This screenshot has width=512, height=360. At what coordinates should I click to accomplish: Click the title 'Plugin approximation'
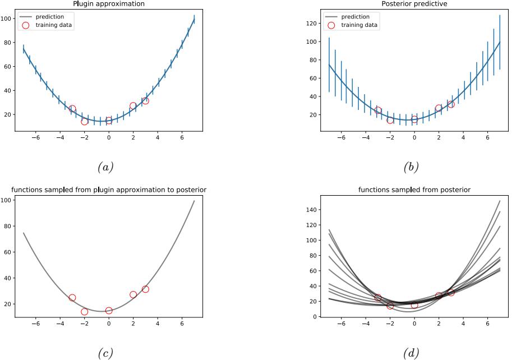pos(109,4)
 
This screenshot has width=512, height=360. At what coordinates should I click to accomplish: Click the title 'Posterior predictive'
pos(414,4)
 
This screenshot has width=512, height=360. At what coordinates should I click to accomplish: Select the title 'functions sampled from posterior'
pos(414,190)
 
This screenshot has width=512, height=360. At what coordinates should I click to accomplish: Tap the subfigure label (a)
pos(106,167)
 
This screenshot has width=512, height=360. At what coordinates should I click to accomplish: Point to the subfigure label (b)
pos(411,167)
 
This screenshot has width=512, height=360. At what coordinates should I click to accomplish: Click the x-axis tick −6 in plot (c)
pos(35,324)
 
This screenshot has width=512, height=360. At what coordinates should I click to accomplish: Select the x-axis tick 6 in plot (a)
pos(182,137)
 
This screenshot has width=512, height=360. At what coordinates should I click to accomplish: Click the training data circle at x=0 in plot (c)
pos(109,311)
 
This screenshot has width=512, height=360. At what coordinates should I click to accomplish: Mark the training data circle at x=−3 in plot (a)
pos(72,109)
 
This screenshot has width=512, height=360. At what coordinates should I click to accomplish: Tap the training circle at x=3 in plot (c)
pos(145,289)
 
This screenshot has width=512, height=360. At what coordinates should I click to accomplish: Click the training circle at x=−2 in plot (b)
pos(390,120)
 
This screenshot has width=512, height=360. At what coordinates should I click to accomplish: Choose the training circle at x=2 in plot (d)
pos(439,296)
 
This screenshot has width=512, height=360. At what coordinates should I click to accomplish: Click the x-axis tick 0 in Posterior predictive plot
pos(414,137)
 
